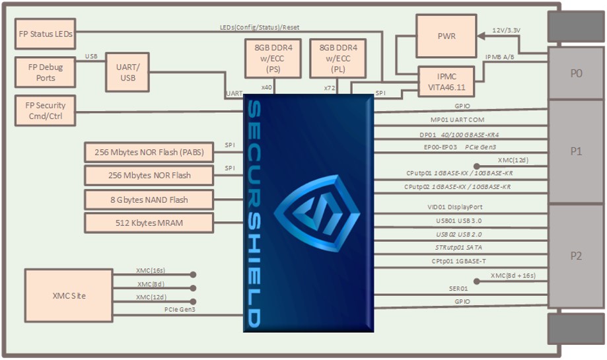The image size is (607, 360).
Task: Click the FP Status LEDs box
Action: point(45,33)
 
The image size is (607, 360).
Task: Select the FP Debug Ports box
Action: point(45,72)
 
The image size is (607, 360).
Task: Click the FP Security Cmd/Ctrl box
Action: point(45,110)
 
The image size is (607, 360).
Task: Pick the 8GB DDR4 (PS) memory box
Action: point(273,57)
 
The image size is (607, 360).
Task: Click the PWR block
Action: point(446,36)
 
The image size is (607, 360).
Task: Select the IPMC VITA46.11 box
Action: point(446,82)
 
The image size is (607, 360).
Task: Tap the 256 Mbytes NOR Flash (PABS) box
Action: point(149,153)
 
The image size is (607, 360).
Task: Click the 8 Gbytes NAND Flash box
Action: point(149,199)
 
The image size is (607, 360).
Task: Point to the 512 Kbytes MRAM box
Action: point(149,223)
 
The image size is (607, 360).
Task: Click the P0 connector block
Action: point(576,73)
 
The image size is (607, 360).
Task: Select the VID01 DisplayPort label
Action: point(454,207)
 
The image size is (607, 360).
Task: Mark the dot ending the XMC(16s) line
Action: point(194,274)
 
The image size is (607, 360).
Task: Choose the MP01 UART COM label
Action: point(457,120)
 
